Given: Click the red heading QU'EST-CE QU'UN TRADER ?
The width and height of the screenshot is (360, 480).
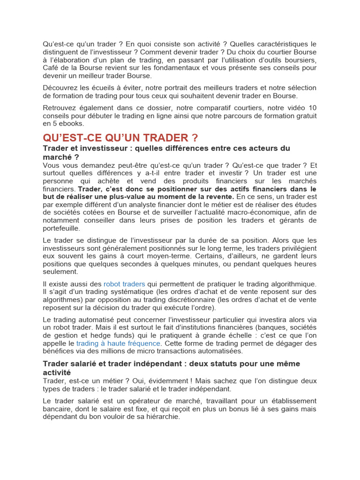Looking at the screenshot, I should tap(120, 138).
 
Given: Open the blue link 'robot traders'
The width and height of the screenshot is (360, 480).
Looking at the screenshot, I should tap(124, 284).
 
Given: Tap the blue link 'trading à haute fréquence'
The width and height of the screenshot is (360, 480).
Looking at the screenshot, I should tap(118, 343).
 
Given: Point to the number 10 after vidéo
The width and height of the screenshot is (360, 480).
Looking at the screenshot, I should tap(313, 108).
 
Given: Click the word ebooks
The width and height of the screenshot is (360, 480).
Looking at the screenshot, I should tap(73, 124).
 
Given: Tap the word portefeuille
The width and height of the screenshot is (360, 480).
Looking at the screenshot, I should tap(61, 228).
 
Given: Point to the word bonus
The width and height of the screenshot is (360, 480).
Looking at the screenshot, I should tap(211, 409).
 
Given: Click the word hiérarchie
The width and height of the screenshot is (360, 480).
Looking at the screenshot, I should tap(162, 417).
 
